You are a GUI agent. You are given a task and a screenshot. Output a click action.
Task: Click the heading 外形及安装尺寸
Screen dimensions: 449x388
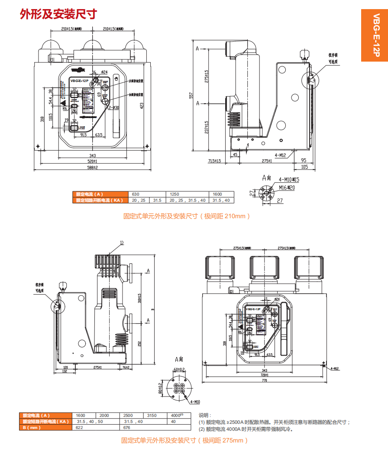(58, 14)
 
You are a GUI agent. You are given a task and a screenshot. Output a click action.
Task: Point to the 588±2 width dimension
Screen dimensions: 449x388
(92, 167)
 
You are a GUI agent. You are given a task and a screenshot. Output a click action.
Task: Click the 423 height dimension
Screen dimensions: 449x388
(142, 106)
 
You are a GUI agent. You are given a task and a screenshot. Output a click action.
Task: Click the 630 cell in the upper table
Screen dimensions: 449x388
(136, 194)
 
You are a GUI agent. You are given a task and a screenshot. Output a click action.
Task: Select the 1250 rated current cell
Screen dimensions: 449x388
(175, 194)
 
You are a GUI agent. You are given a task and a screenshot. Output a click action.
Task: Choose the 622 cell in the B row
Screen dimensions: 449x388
(79, 427)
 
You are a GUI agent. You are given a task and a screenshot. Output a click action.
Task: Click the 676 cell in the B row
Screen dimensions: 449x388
(127, 427)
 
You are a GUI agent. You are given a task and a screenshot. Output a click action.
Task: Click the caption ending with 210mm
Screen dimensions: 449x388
(187, 216)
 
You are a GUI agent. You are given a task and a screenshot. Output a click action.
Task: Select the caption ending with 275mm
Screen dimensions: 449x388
(184, 441)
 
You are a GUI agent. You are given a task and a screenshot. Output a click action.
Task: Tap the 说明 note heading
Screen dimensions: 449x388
(204, 415)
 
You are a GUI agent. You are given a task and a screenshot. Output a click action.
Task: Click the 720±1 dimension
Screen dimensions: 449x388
(264, 374)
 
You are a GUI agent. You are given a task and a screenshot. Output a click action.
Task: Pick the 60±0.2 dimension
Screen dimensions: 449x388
(179, 369)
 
